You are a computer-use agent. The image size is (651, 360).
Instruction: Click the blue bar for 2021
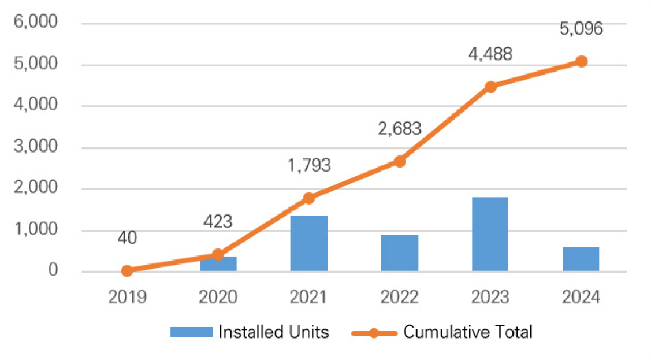point(308,243)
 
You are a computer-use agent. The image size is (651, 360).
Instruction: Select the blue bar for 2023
point(490,234)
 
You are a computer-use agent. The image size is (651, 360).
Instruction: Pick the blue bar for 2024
point(581,259)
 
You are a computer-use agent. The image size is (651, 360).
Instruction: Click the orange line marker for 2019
point(127,270)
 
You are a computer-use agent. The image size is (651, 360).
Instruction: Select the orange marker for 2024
point(581,61)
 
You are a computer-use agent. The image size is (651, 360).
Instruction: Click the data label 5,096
point(581,28)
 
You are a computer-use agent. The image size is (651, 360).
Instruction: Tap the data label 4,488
point(490,54)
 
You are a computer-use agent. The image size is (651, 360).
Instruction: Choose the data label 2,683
point(399,127)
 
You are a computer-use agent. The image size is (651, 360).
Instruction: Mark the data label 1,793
point(308,165)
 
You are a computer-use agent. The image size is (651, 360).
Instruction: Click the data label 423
point(218,221)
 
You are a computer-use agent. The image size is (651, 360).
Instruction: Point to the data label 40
point(127,237)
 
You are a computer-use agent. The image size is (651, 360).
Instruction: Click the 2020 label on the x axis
point(218,298)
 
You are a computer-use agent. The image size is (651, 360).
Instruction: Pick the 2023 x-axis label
point(490,298)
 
